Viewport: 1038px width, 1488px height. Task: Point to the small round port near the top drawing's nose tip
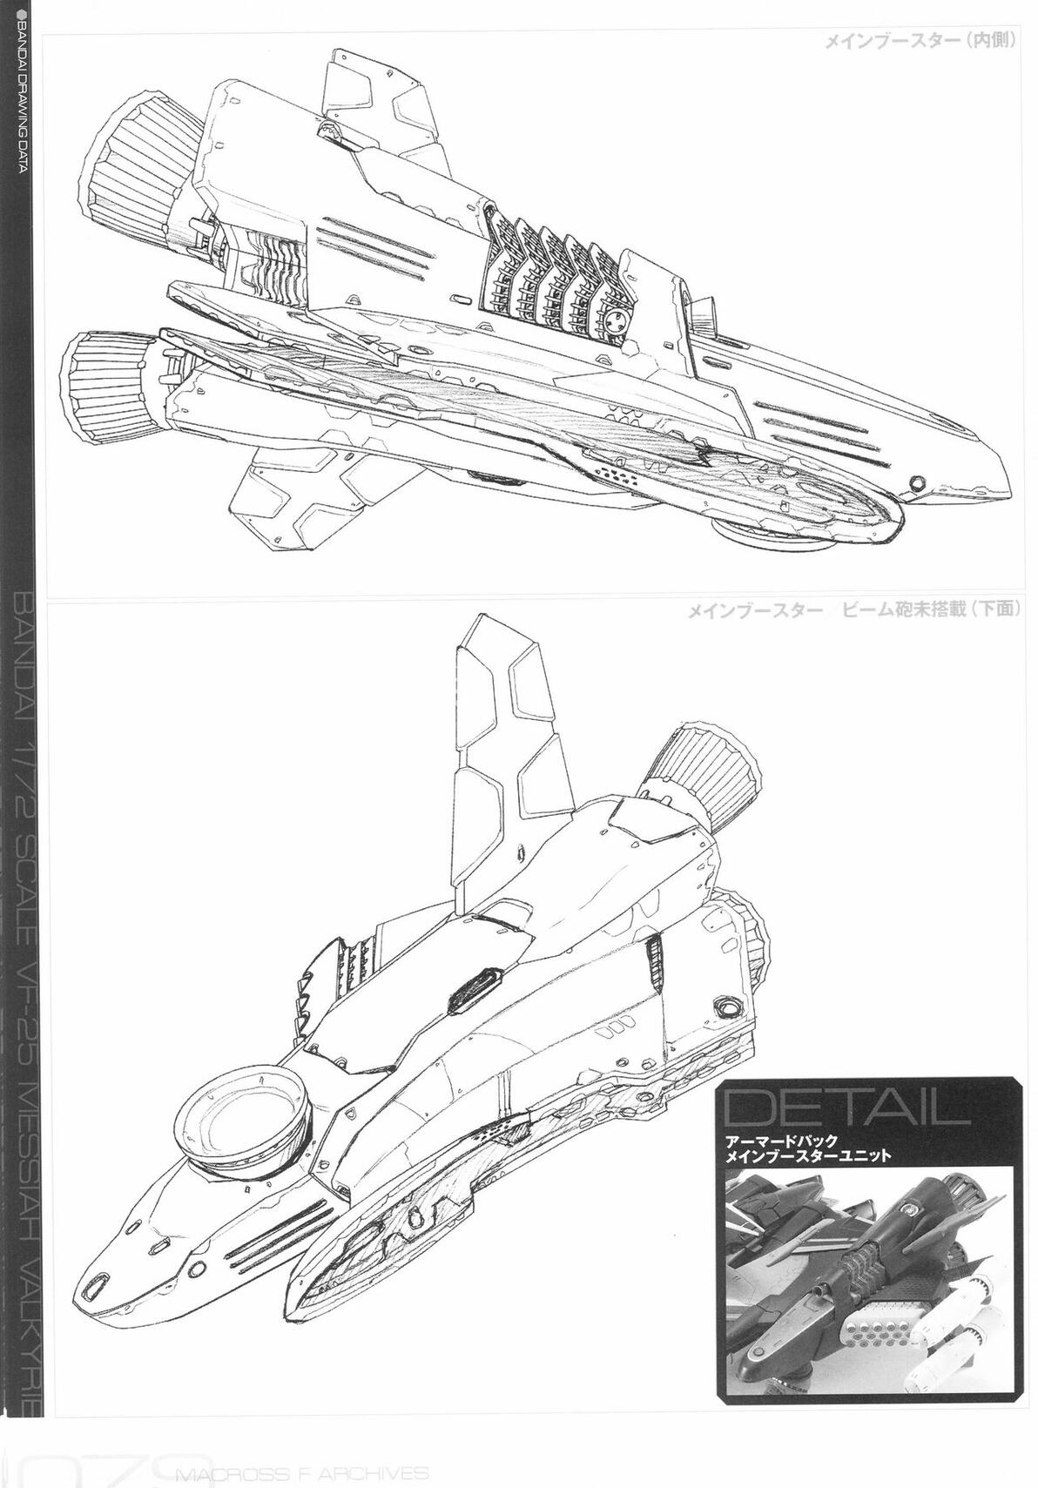tap(915, 483)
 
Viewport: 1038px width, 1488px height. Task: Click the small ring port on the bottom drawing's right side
tap(724, 1008)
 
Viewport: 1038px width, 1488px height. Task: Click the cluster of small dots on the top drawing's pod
tap(620, 475)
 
